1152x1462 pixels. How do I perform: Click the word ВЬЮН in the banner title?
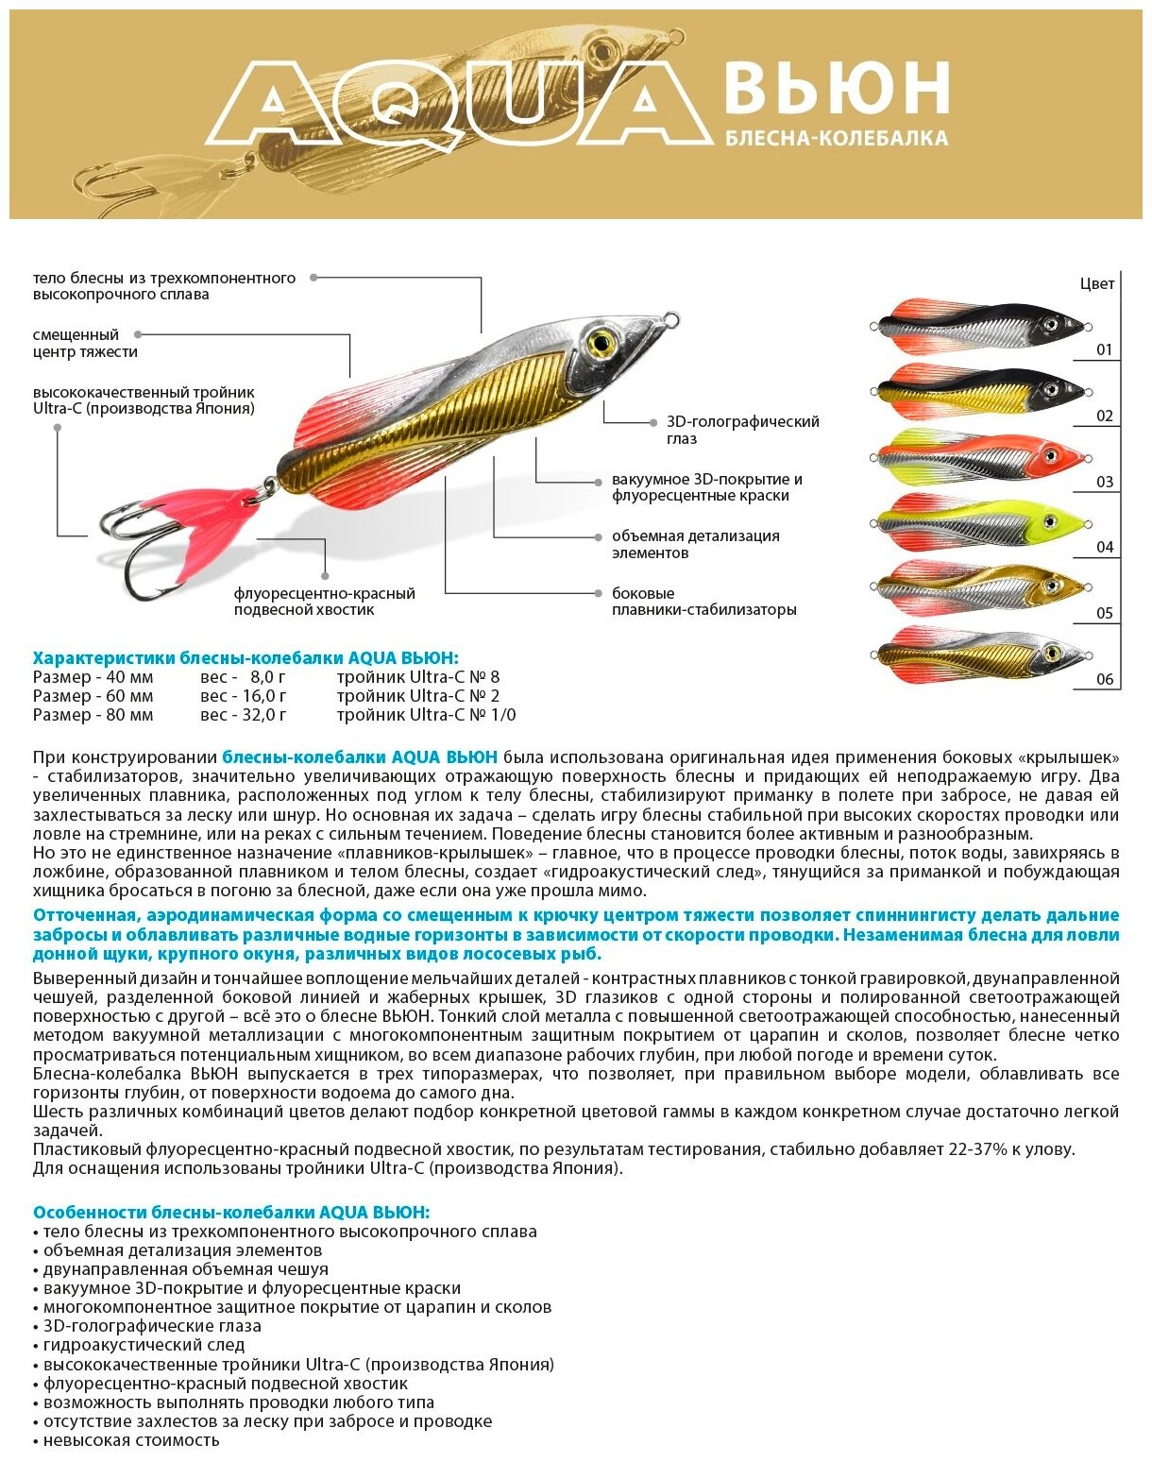835,89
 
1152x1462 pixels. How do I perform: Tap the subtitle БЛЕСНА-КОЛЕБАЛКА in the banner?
836,139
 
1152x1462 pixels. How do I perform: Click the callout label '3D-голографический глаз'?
742,430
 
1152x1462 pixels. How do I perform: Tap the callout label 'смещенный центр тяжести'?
85,344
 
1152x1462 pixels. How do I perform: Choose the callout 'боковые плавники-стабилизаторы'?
703,602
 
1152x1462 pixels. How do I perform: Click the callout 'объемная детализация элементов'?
695,544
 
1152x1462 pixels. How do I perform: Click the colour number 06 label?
1104,679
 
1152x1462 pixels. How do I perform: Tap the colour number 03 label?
1104,482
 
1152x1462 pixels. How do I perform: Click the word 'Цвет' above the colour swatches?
1097,283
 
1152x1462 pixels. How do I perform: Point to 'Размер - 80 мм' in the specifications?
93,715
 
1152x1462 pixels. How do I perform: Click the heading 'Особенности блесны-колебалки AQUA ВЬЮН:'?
230,1212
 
